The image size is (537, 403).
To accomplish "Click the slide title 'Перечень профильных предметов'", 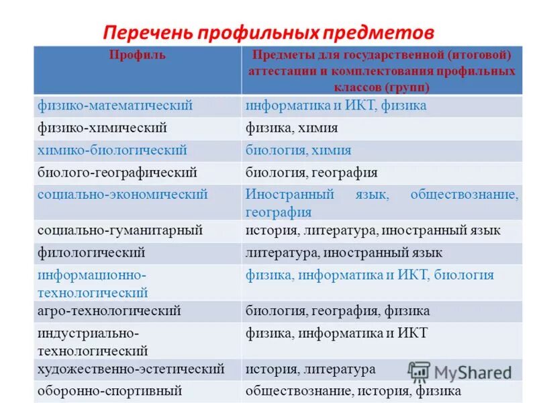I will tap(268, 32).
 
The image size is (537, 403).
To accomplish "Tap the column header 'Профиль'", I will tap(138, 56).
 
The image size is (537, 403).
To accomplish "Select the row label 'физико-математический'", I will tap(115, 105).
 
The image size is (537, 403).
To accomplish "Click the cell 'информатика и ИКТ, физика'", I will tap(336, 105).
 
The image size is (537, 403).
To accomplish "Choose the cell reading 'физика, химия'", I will tap(291, 128).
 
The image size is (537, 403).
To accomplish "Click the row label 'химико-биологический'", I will tap(112, 150).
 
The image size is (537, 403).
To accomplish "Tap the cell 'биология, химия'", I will tap(298, 150).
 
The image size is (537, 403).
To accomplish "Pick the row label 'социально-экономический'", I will tap(122, 194).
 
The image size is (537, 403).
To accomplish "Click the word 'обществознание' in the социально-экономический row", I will tap(465, 194).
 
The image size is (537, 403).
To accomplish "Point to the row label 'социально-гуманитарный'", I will tap(120, 230).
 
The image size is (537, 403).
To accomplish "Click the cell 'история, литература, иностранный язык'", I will tap(373, 230).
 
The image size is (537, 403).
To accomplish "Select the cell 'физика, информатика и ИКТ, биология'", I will tap(369, 275).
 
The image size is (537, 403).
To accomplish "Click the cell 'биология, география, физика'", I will tap(338, 311).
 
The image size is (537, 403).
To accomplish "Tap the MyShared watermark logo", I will tap(460, 372).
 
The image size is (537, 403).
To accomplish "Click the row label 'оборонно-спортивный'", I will tap(110, 390).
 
